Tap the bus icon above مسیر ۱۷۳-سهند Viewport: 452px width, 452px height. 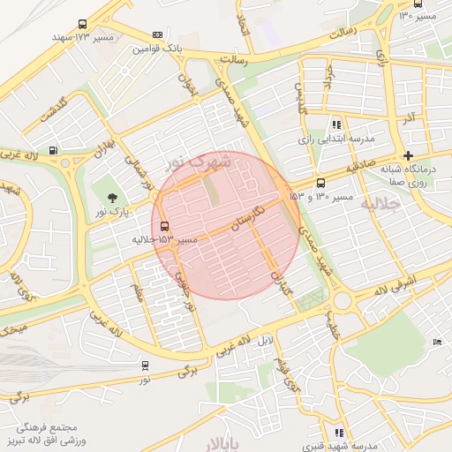[83, 26]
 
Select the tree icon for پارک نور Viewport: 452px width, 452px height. [111, 197]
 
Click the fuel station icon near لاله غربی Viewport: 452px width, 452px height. [54, 151]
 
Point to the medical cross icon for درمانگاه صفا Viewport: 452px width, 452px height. [407, 155]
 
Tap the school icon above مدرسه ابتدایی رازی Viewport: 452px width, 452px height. [335, 125]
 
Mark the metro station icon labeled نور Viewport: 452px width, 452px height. [144, 365]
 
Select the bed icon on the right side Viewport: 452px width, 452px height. [436, 341]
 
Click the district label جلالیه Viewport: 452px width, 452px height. [381, 204]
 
